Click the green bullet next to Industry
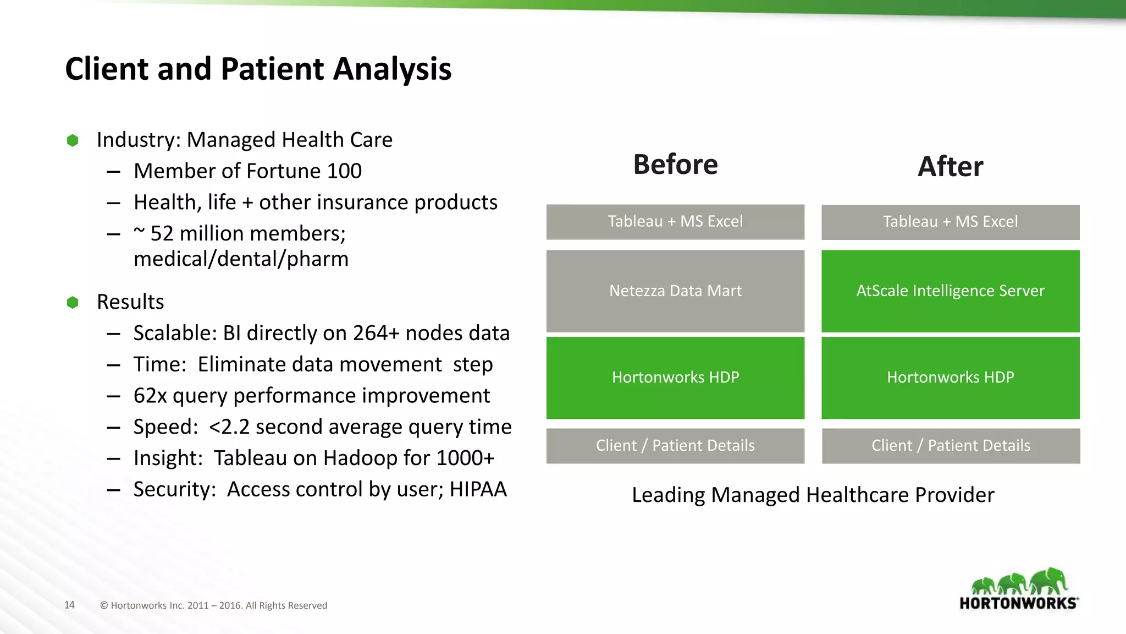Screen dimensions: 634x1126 pos(73,140)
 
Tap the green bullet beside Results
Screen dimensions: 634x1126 pos(73,302)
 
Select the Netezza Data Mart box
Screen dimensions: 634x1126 pos(675,291)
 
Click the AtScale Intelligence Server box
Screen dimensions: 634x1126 pos(950,291)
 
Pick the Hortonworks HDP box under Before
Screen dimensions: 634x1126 pos(675,378)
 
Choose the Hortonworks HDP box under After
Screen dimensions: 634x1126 pos(950,378)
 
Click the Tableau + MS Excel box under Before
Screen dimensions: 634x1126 pos(675,222)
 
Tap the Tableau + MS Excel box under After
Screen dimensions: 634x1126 pos(950,222)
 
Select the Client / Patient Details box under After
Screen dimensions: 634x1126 pos(951,446)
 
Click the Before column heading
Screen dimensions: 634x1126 pos(675,165)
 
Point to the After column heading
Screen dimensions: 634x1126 pos(950,166)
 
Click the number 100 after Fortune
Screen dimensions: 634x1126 pos(344,171)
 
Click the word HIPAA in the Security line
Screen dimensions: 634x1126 pos(478,489)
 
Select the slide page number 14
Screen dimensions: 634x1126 pos(69,605)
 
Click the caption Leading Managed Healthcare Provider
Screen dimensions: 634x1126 pos(813,495)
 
